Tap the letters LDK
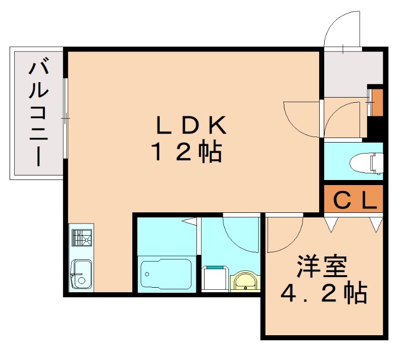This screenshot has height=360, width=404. click(x=190, y=126)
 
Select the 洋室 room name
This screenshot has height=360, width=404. click(x=322, y=267)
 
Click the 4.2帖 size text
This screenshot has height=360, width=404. click(x=323, y=293)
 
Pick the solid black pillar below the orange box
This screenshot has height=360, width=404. click(x=376, y=126)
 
